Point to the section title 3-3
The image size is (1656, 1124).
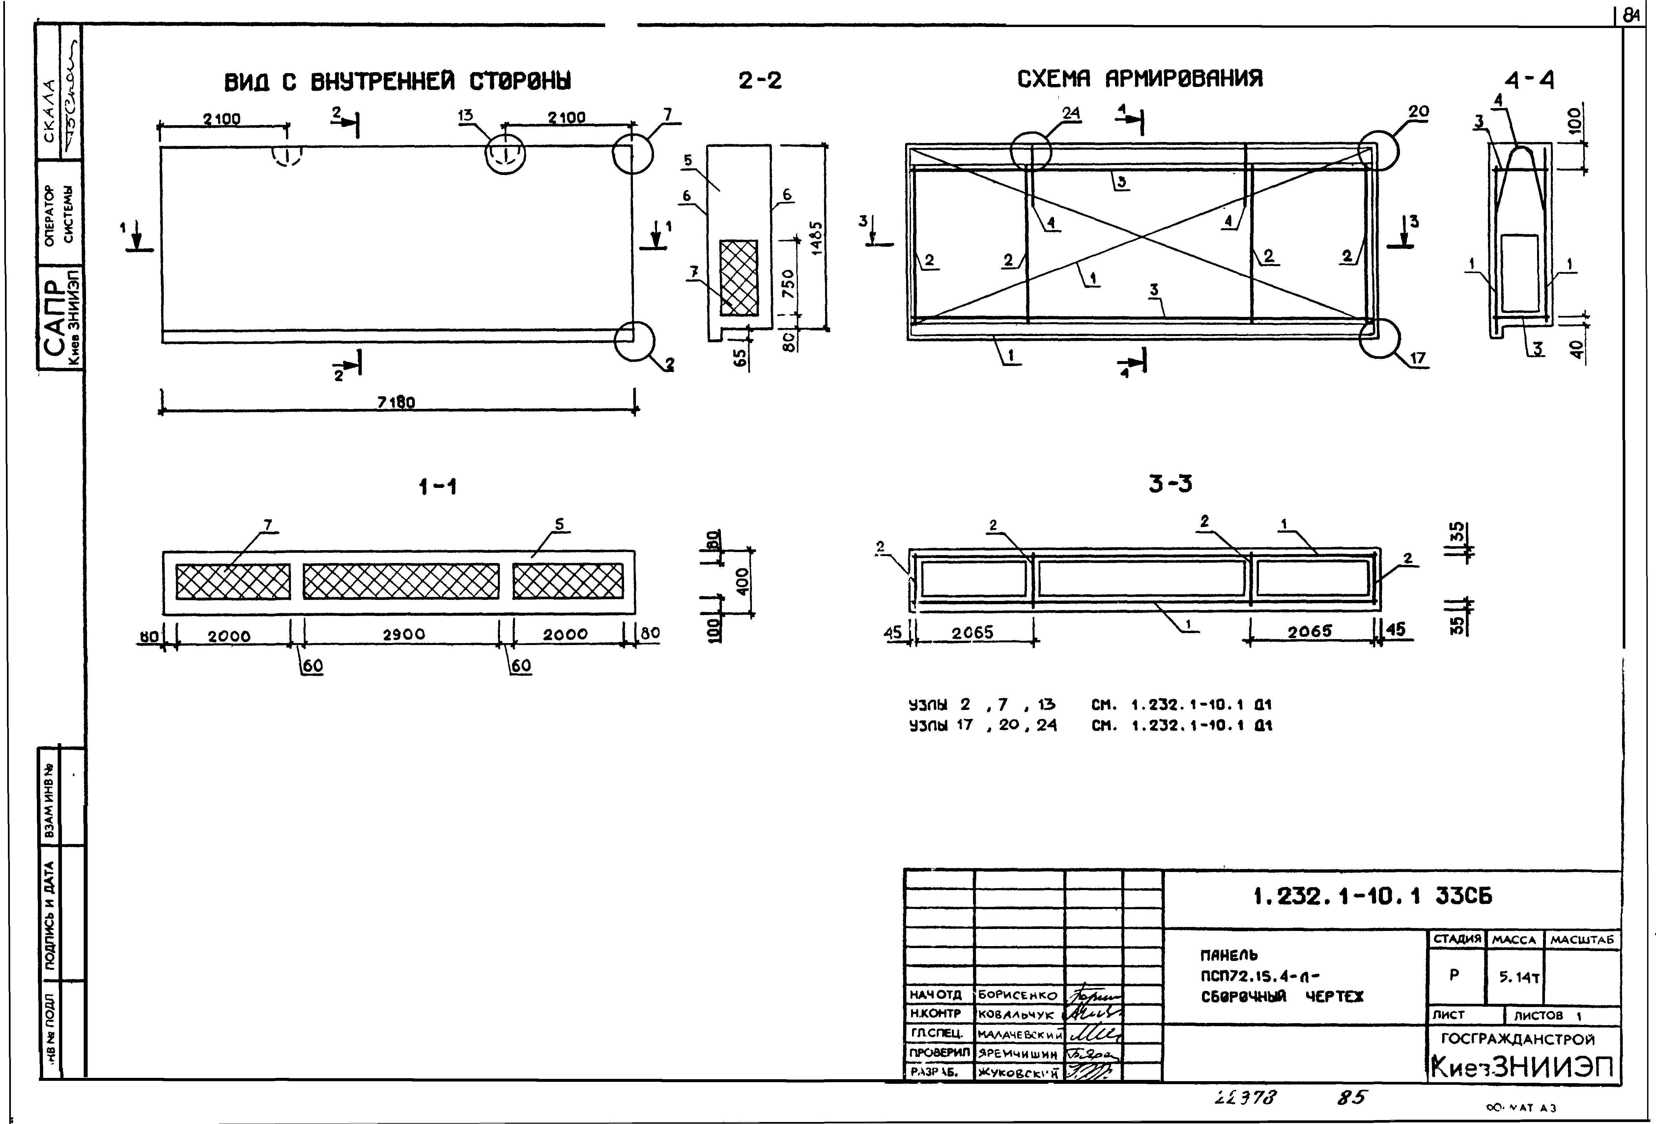(x=1170, y=484)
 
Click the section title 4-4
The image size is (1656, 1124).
(x=1530, y=80)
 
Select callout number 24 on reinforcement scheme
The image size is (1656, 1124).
(x=1071, y=113)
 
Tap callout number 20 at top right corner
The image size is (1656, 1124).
(x=1418, y=112)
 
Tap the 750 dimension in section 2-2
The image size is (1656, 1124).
(x=788, y=284)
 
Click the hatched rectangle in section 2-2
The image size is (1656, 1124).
(x=738, y=277)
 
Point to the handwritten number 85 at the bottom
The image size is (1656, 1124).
(x=1350, y=1098)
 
